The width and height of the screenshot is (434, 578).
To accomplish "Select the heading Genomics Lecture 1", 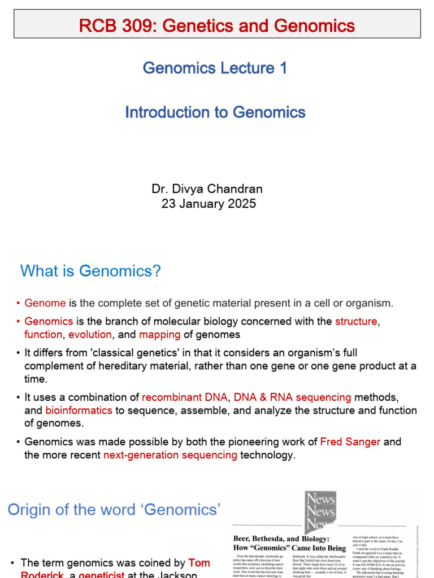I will pyautogui.click(x=215, y=68).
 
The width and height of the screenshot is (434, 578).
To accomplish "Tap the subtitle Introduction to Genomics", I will pyautogui.click(x=215, y=112).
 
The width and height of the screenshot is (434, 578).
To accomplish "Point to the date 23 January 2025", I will pyautogui.click(x=209, y=204).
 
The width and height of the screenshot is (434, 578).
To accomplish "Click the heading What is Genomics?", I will pyautogui.click(x=90, y=271).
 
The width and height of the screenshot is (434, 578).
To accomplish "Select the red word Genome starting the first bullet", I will pyautogui.click(x=45, y=303).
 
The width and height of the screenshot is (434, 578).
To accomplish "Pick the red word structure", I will pyautogui.click(x=356, y=321).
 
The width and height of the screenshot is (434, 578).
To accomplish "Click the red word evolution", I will pyautogui.click(x=90, y=335).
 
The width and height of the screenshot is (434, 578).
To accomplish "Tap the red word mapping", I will pyautogui.click(x=159, y=335).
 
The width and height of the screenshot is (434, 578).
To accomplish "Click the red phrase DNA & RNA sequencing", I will pyautogui.click(x=292, y=397).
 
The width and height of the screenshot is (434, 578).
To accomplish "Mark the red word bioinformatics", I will pyautogui.click(x=79, y=410).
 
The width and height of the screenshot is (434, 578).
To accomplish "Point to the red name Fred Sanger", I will pyautogui.click(x=350, y=442).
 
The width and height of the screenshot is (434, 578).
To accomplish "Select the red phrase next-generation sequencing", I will pyautogui.click(x=170, y=455).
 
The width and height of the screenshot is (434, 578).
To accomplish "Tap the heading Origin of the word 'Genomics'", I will pyautogui.click(x=113, y=510).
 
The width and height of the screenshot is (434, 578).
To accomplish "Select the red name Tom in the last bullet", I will pyautogui.click(x=199, y=563).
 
